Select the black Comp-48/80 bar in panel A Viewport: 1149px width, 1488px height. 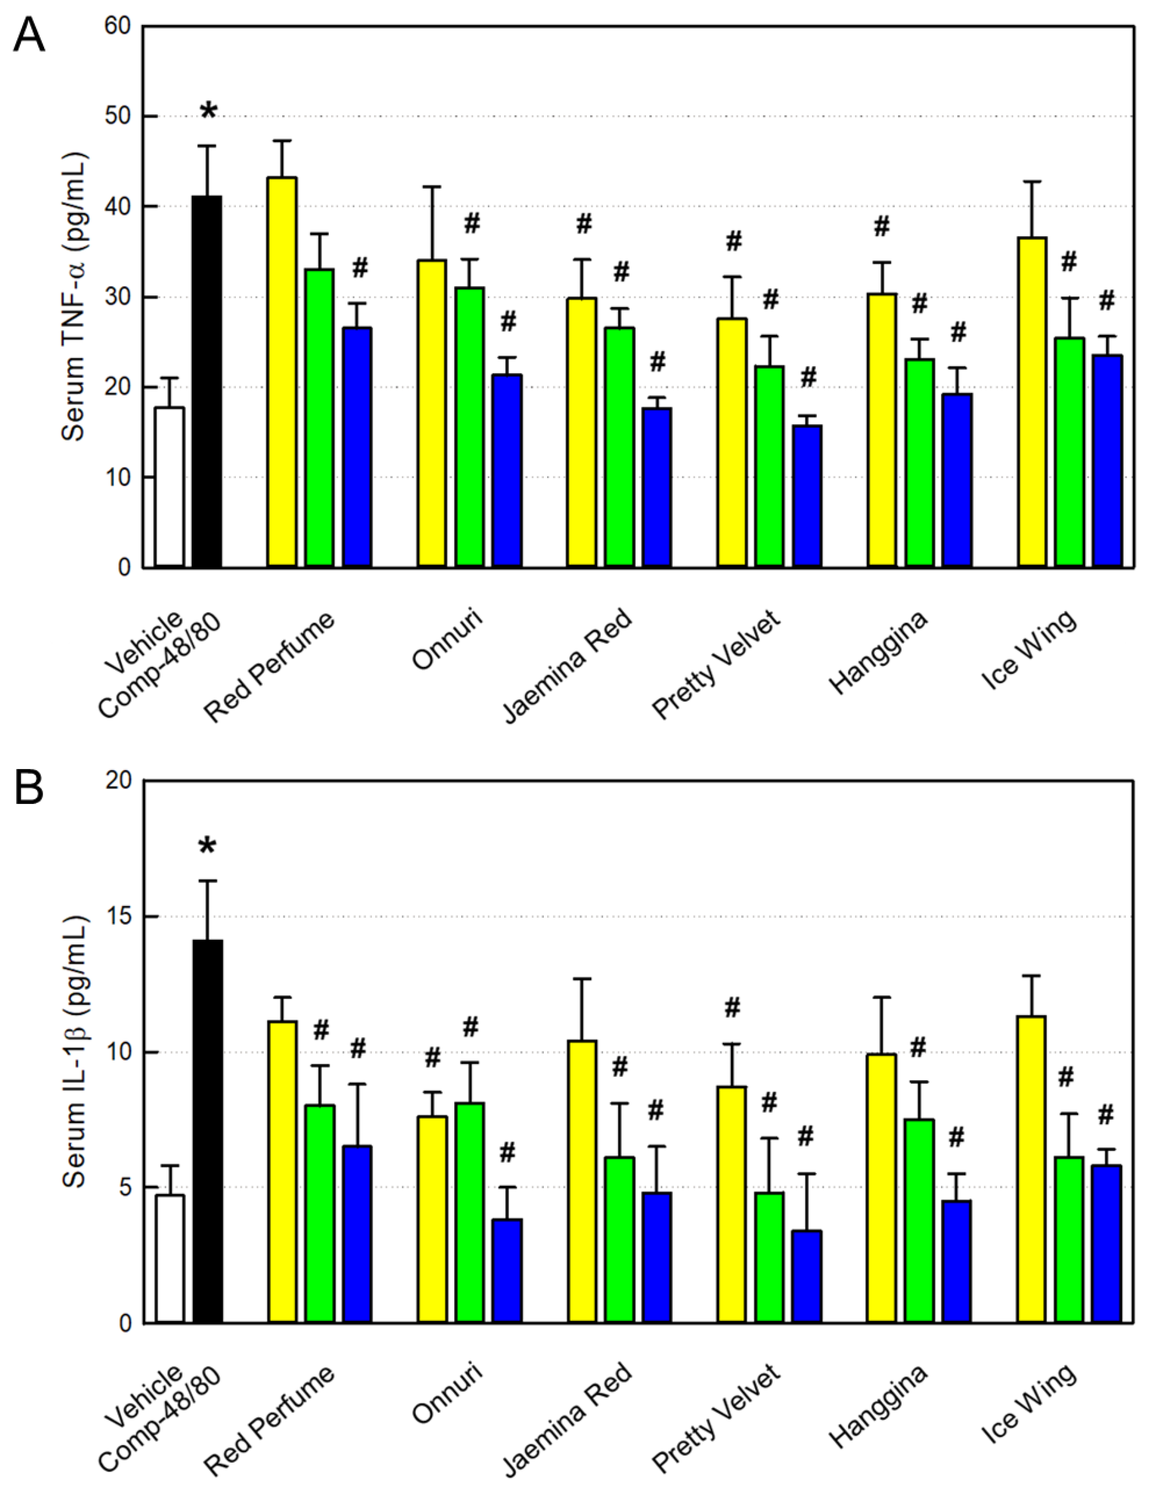pyautogui.click(x=207, y=382)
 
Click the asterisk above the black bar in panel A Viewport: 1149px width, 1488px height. pyautogui.click(x=208, y=111)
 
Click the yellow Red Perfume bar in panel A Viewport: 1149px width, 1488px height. pyautogui.click(x=282, y=371)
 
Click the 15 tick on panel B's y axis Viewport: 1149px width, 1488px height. pyautogui.click(x=119, y=916)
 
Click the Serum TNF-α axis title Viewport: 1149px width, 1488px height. pyautogui.click(x=74, y=297)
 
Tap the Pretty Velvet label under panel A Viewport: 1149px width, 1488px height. pyautogui.click(x=716, y=664)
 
